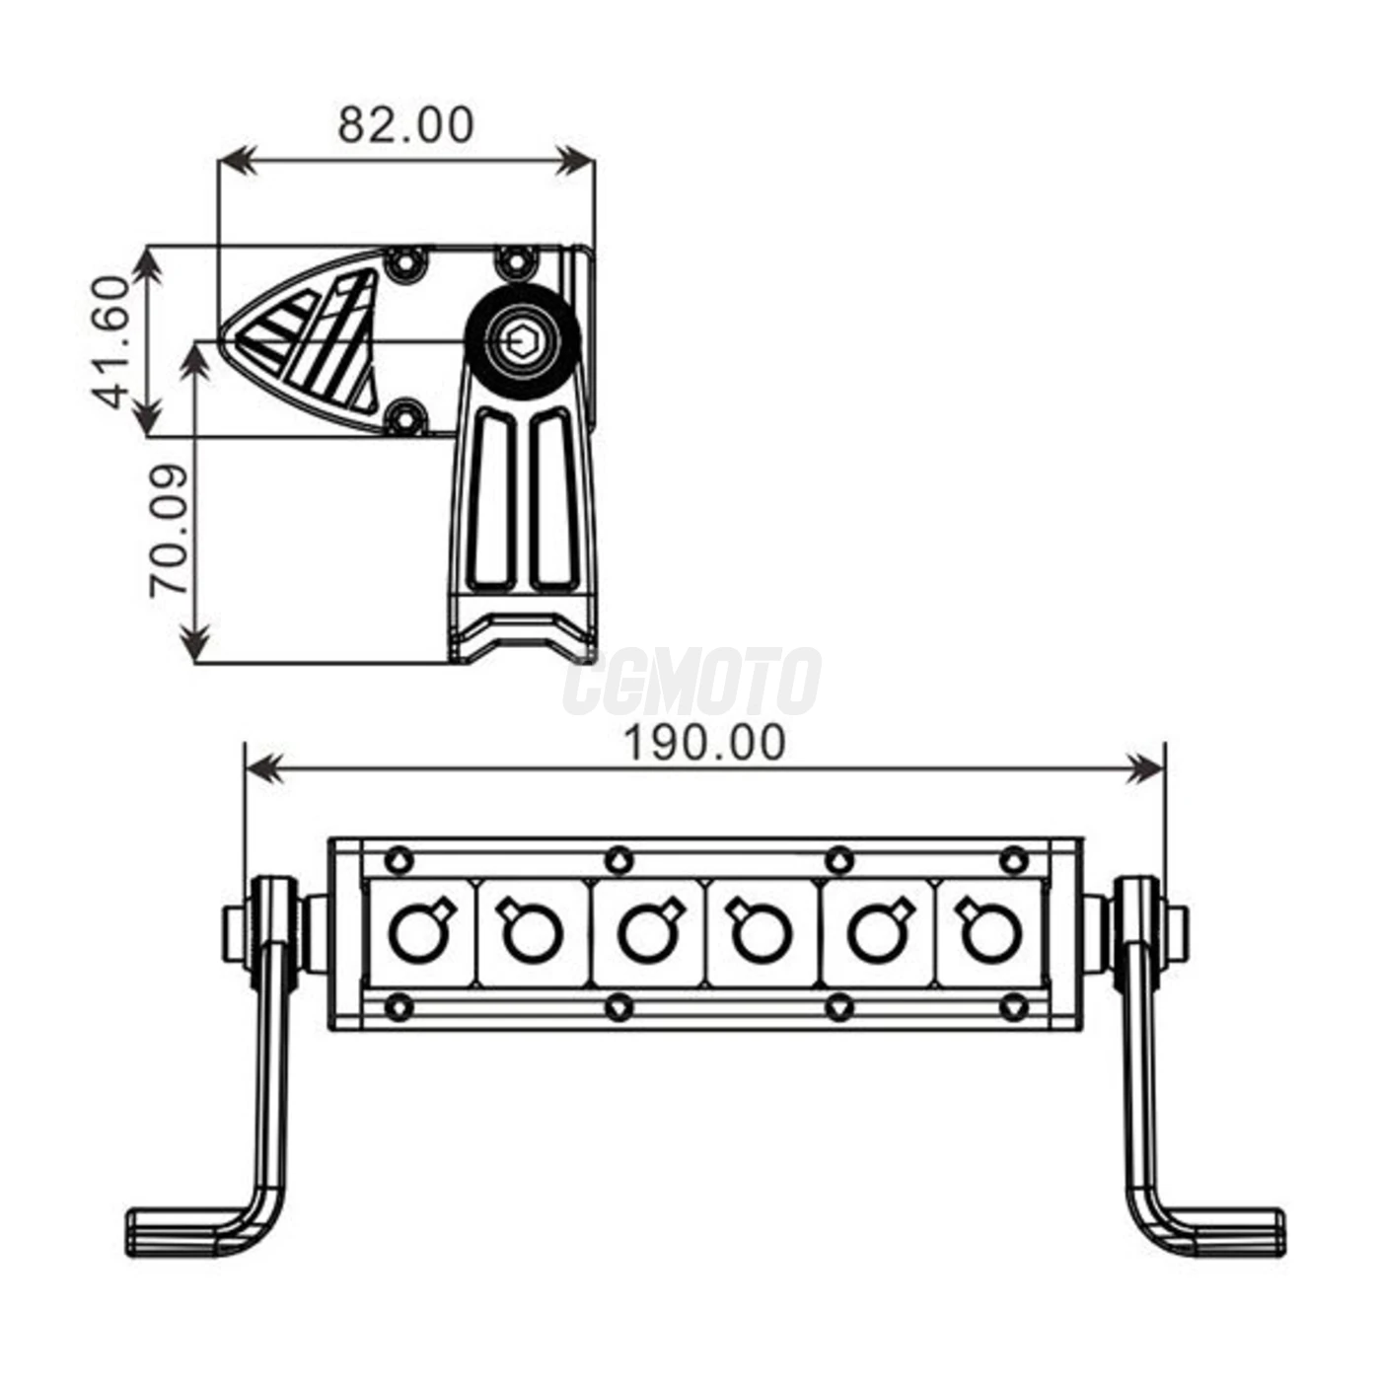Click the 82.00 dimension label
[405, 125]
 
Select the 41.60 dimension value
[111, 341]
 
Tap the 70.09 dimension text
[169, 531]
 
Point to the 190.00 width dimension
[704, 743]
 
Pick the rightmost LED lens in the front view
[988, 932]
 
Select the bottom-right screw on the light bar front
[1014, 1008]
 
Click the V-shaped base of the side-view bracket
[520, 635]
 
